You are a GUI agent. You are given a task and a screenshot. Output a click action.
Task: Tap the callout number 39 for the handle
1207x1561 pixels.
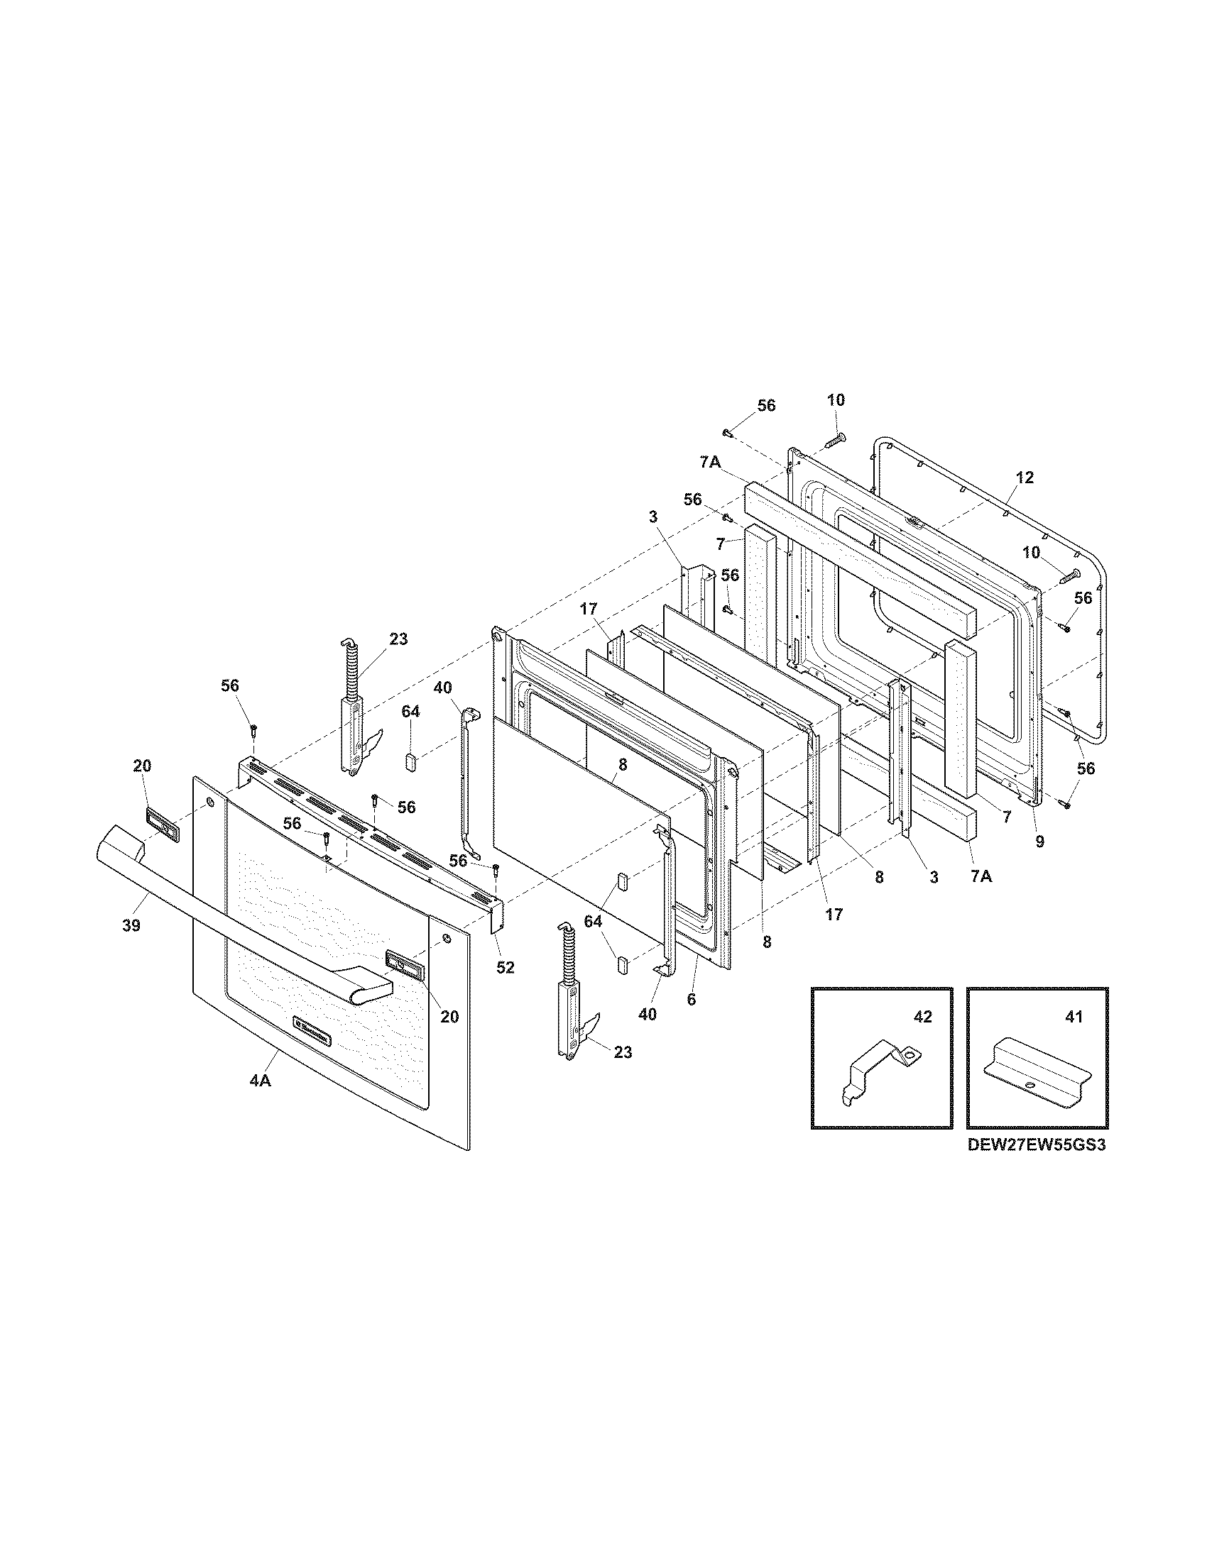click(x=131, y=925)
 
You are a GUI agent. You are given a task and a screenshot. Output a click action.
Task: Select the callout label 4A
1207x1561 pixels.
click(x=261, y=1101)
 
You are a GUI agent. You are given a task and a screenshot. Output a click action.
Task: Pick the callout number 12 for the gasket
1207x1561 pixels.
click(x=1025, y=478)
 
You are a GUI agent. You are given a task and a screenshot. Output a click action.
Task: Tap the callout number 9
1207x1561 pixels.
click(x=1039, y=842)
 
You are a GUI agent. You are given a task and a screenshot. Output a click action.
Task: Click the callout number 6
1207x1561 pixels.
click(x=691, y=999)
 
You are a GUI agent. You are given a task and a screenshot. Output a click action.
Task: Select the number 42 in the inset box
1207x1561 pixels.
click(x=923, y=1016)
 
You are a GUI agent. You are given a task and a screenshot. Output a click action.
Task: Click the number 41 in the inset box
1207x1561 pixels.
click(x=1074, y=1016)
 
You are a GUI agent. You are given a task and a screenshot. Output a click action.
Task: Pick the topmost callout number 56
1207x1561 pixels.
click(x=766, y=405)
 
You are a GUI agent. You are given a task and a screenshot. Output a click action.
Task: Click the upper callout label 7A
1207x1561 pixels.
click(x=709, y=463)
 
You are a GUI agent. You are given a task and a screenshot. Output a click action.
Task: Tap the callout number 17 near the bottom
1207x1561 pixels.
click(x=834, y=913)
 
